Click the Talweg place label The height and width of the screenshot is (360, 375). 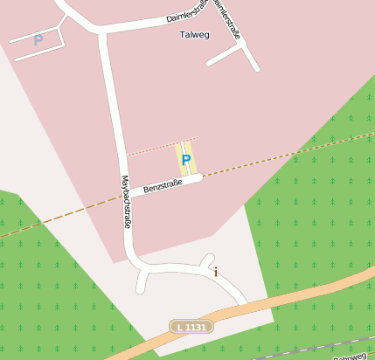[193, 36]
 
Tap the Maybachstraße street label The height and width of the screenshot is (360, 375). [127, 203]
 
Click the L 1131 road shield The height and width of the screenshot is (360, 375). [191, 327]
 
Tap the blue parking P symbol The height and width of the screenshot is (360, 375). [186, 161]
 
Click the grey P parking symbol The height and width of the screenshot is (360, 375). [38, 40]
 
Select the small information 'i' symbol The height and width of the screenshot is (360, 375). [216, 272]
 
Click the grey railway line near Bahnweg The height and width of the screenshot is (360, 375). [297, 353]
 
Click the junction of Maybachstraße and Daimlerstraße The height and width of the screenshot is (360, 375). [103, 32]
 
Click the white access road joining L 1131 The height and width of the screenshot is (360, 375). [231, 292]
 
